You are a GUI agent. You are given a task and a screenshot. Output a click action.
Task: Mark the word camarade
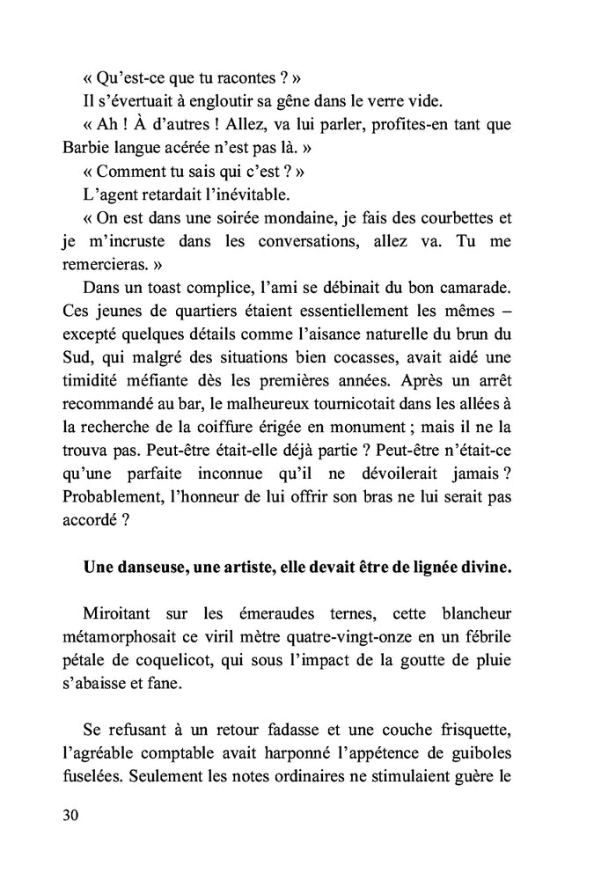473,287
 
